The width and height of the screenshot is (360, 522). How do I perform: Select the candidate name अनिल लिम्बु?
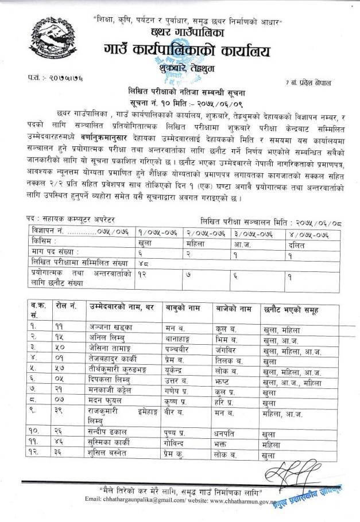coord(105,338)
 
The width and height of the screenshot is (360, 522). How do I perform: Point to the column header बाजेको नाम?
coord(232,310)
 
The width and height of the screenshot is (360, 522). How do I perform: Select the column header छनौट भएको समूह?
coord(290,310)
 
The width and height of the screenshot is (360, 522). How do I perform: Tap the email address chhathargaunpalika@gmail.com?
coord(154,500)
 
